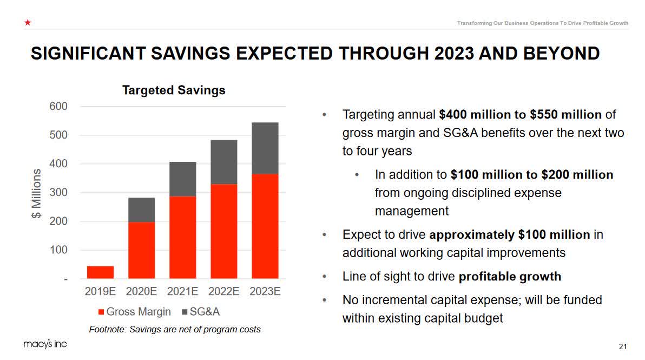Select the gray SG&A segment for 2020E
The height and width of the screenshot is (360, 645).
pyautogui.click(x=141, y=210)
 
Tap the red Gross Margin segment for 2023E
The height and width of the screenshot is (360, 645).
pyautogui.click(x=265, y=226)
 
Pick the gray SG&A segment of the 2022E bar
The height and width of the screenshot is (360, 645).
pyautogui.click(x=223, y=162)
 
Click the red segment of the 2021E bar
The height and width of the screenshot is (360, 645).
pyautogui.click(x=182, y=237)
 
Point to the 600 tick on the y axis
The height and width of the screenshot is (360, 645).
pyautogui.click(x=60, y=106)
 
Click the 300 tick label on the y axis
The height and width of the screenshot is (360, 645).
pyautogui.click(x=60, y=192)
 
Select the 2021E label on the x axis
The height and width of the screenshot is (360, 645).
pyautogui.click(x=182, y=291)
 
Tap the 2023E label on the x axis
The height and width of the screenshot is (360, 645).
pyautogui.click(x=265, y=291)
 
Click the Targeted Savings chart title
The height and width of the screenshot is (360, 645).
pyautogui.click(x=173, y=90)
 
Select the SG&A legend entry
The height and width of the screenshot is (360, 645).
pyautogui.click(x=200, y=312)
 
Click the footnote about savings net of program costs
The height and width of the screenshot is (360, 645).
pyautogui.click(x=174, y=329)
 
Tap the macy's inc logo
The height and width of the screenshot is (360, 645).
pyautogui.click(x=45, y=344)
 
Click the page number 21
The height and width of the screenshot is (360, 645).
pyautogui.click(x=622, y=346)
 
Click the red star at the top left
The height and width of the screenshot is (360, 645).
pyautogui.click(x=27, y=23)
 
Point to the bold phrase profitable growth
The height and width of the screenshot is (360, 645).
pyautogui.click(x=510, y=277)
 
